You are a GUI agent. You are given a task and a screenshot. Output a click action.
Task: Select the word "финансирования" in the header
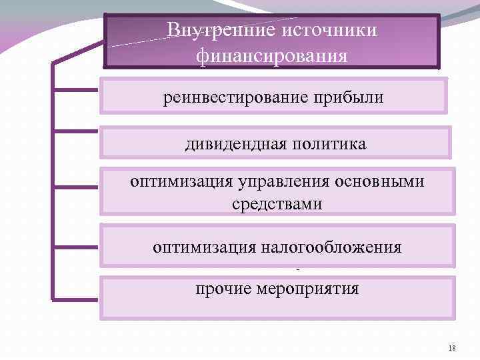(272, 56)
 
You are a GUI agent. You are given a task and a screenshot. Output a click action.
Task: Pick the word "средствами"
(277, 204)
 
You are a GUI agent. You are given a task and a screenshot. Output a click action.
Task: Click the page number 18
(453, 348)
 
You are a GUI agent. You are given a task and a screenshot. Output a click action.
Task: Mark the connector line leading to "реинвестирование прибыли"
(77, 88)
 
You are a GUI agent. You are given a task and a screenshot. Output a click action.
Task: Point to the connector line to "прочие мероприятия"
(77, 298)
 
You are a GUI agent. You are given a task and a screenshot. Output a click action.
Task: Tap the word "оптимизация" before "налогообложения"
(193, 248)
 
